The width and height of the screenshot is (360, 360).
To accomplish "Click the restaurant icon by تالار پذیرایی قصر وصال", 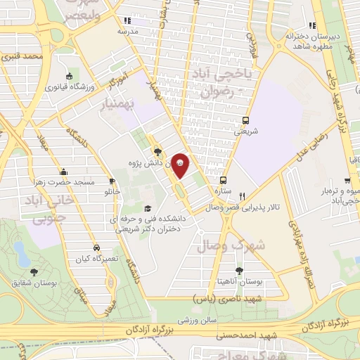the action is coord(243,196).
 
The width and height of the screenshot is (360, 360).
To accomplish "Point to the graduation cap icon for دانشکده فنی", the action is coord(148,208).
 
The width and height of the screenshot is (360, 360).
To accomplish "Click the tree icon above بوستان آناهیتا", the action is coord(240,269).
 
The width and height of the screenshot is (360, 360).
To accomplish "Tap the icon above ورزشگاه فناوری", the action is coord(68,77).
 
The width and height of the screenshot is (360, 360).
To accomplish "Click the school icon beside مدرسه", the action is coord(127,21).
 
